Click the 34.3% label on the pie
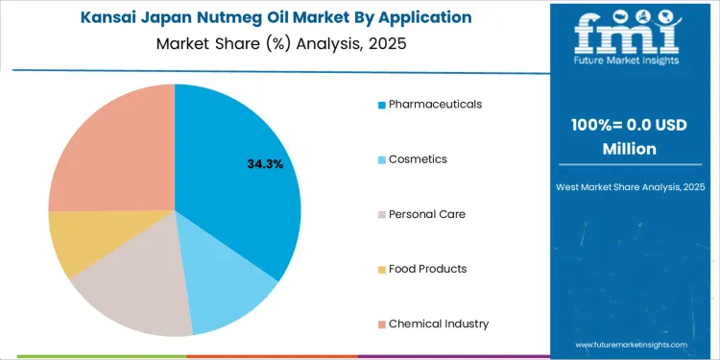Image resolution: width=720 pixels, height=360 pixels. [x=265, y=164]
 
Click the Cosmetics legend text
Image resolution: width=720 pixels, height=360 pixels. [x=419, y=158]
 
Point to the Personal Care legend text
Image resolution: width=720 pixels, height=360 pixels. [x=427, y=213]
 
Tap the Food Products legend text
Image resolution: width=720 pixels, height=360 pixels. [x=428, y=269]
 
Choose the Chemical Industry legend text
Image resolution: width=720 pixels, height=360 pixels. [x=439, y=324]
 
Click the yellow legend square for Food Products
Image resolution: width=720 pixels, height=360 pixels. [x=381, y=270]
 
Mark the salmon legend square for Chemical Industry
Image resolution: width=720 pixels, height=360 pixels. [x=381, y=324]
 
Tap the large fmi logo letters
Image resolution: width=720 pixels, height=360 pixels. [x=629, y=38]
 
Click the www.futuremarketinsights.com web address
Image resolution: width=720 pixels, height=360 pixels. [x=631, y=344]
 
